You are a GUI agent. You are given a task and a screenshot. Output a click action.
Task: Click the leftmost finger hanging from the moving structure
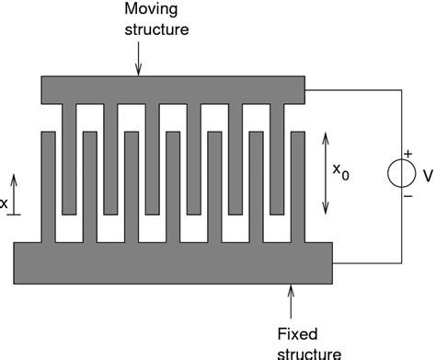point(69,157)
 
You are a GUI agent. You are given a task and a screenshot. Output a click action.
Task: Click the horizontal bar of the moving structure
point(173,89)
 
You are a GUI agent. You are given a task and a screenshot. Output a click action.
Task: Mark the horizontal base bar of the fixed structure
point(173,262)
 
